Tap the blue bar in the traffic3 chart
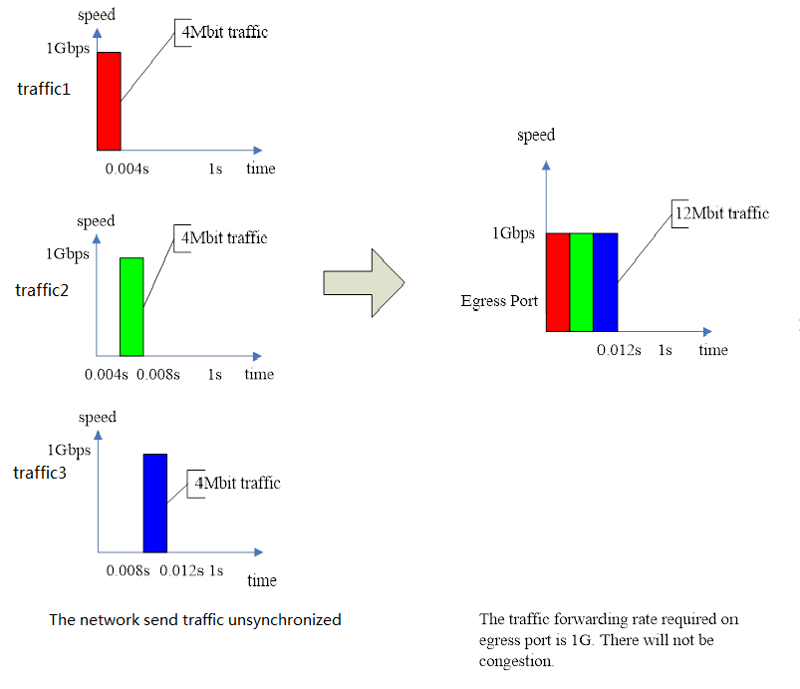tap(155, 503)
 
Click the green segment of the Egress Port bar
tap(581, 281)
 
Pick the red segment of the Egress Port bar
tap(557, 281)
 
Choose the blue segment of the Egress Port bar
tap(605, 281)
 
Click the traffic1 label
tap(44, 89)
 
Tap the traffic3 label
tap(40, 472)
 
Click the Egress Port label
tap(500, 299)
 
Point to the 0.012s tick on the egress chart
tap(619, 350)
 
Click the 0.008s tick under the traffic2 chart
tap(159, 375)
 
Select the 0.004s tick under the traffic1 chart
tap(127, 169)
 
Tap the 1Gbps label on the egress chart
tap(513, 234)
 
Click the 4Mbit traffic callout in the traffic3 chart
tap(238, 484)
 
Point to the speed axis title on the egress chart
tap(536, 135)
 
